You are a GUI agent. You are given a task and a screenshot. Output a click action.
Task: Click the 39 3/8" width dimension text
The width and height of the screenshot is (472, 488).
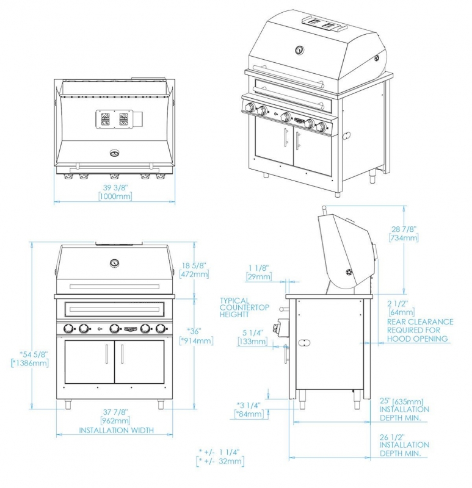pyautogui.click(x=115, y=187)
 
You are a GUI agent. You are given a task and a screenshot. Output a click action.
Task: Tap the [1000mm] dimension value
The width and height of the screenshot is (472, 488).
pyautogui.click(x=115, y=196)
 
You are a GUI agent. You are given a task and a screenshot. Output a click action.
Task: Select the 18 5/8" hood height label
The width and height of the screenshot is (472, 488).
pyautogui.click(x=194, y=265)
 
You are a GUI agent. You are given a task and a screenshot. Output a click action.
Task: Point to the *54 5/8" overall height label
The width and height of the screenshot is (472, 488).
pyautogui.click(x=34, y=354)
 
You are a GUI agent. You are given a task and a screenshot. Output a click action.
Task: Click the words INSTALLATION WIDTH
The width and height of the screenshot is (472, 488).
pyautogui.click(x=116, y=430)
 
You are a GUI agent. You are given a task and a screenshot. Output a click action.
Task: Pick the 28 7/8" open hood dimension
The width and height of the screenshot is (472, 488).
pyautogui.click(x=404, y=229)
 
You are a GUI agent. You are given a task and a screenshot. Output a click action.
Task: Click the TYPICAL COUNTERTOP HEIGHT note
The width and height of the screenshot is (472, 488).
pyautogui.click(x=244, y=307)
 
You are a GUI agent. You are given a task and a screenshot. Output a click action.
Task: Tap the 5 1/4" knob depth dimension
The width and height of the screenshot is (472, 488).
pyautogui.click(x=253, y=333)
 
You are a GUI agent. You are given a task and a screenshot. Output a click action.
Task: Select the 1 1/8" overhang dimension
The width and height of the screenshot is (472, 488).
pyautogui.click(x=258, y=268)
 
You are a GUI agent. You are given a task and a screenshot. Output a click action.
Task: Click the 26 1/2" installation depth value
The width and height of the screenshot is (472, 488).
pyautogui.click(x=392, y=437)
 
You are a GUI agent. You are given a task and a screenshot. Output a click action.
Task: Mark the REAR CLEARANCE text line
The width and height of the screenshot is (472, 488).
pyautogui.click(x=420, y=321)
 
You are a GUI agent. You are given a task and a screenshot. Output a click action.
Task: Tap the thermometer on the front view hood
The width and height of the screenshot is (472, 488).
pyautogui.click(x=115, y=263)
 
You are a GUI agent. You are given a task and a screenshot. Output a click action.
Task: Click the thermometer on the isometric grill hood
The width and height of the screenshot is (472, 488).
pyautogui.click(x=299, y=50)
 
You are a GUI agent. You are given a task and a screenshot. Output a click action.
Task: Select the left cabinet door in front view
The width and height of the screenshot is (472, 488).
pyautogui.click(x=89, y=362)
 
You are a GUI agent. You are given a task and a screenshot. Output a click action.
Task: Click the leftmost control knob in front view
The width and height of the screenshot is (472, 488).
pyautogui.click(x=68, y=328)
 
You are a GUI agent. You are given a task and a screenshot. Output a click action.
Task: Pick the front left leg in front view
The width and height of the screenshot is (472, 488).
pyautogui.click(x=68, y=404)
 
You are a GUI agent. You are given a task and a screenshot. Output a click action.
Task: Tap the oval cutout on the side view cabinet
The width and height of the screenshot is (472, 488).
pyautogui.click(x=304, y=343)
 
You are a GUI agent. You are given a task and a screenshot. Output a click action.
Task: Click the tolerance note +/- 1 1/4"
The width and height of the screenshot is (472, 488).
pyautogui.click(x=219, y=452)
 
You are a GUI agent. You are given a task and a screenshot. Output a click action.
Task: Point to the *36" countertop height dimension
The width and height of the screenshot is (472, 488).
pyautogui.click(x=194, y=331)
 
